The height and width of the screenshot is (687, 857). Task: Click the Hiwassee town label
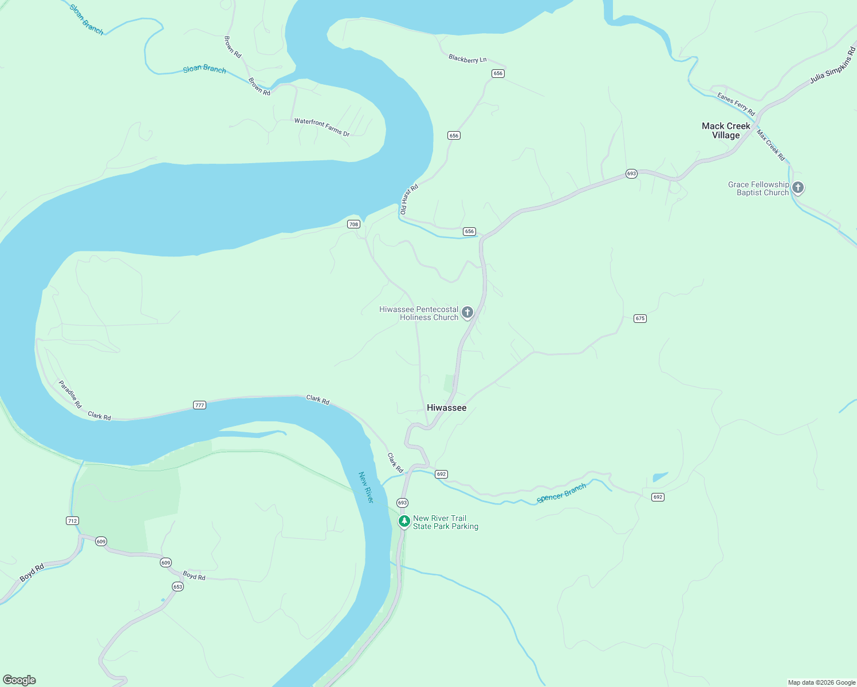[x=446, y=408]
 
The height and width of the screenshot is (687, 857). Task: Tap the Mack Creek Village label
[x=726, y=131]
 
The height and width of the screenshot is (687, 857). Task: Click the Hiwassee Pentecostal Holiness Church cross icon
[x=467, y=313]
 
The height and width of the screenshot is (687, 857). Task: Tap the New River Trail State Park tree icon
[x=404, y=521]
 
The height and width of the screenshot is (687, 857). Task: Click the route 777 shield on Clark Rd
[x=199, y=405]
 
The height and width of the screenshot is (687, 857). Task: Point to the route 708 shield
[x=353, y=224]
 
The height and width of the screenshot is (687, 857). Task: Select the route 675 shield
[x=640, y=318]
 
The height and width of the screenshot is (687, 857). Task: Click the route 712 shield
[x=72, y=520]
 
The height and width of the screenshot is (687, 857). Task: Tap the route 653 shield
[x=178, y=586]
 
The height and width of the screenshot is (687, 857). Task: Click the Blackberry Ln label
[x=467, y=59]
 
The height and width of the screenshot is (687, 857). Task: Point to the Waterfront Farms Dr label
[x=321, y=127]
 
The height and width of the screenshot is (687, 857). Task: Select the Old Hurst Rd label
[x=409, y=199]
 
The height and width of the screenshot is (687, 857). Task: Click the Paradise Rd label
[x=70, y=394]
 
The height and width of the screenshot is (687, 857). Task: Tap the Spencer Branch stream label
[x=561, y=493]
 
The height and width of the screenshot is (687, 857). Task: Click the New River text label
[x=365, y=487]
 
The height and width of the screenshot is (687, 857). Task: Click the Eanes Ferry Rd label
[x=736, y=104]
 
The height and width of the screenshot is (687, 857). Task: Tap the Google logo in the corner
[x=19, y=680]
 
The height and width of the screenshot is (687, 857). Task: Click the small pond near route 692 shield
[x=660, y=477]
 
